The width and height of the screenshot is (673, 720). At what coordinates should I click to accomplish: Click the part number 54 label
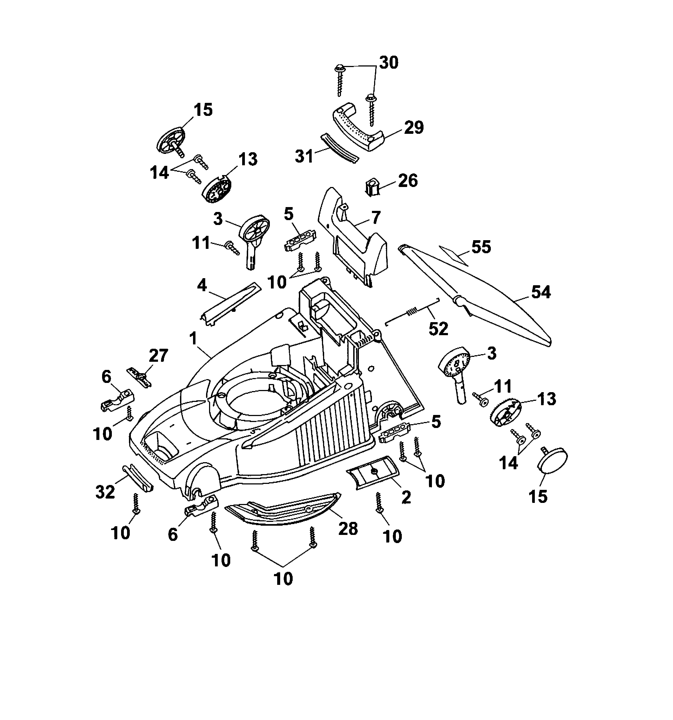(x=541, y=292)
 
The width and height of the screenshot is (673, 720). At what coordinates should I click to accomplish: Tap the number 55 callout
(x=481, y=247)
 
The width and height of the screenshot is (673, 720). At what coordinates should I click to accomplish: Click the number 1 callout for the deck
(x=193, y=339)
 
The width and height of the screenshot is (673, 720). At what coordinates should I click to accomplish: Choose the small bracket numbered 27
(x=138, y=377)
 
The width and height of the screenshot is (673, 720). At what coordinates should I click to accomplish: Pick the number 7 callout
(x=376, y=218)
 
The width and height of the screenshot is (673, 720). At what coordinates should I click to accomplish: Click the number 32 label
(x=105, y=492)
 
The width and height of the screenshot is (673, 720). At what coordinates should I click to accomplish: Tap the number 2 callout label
(x=406, y=497)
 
